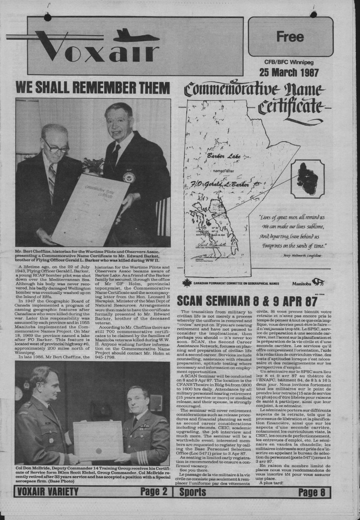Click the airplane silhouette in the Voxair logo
pyautogui.click(x=136, y=36)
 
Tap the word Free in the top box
pyautogui.click(x=290, y=37)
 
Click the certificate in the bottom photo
pyautogui.click(x=98, y=440)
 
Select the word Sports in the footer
pyautogui.click(x=193, y=492)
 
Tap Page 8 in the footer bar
pyautogui.click(x=311, y=492)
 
